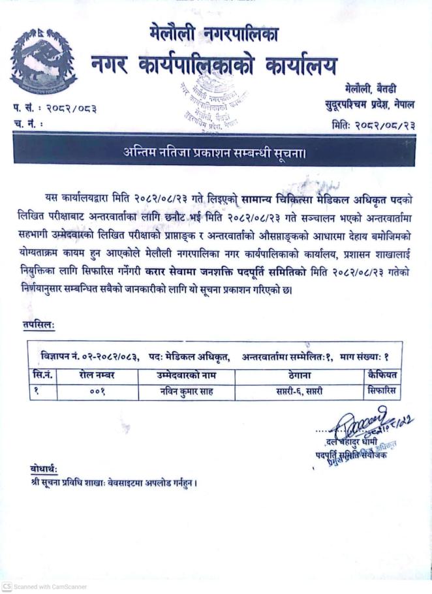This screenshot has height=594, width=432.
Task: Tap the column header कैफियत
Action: pyautogui.click(x=381, y=375)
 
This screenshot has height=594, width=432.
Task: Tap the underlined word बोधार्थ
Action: pyautogui.click(x=44, y=469)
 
